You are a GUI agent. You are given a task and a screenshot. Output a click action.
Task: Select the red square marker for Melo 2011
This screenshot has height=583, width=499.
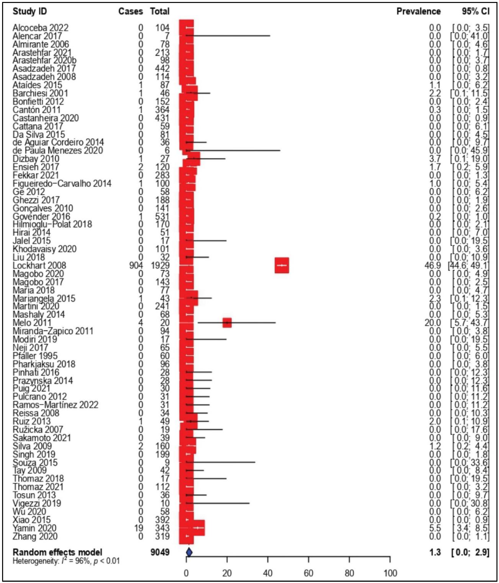point(227,323)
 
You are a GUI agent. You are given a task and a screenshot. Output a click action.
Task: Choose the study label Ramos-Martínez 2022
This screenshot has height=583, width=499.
point(55,405)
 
